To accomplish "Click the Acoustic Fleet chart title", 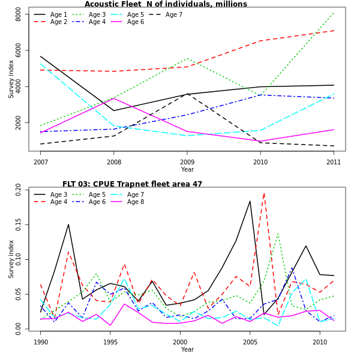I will pyautogui.click(x=166, y=4).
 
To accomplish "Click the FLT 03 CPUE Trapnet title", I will pyautogui.click(x=132, y=184).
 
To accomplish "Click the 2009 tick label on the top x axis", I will pyautogui.click(x=187, y=162).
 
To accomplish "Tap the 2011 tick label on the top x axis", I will pyautogui.click(x=334, y=162).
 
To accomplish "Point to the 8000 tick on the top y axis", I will pyautogui.click(x=19, y=14).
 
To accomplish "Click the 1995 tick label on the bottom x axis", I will pyautogui.click(x=110, y=342).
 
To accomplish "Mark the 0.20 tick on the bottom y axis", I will pyautogui.click(x=19, y=190).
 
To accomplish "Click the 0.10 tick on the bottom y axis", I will pyautogui.click(x=19, y=260).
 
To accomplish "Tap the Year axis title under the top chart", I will pyautogui.click(x=187, y=170).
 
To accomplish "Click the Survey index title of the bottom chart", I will pyautogui.click(x=11, y=259).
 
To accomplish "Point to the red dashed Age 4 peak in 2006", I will pyautogui.click(x=264, y=193).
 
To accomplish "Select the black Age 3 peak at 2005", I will pyautogui.click(x=250, y=201).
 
